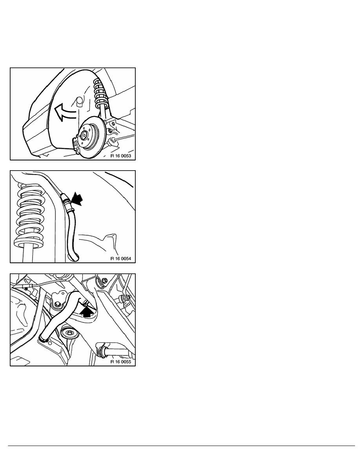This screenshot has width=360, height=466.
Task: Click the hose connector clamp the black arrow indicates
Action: (67, 203)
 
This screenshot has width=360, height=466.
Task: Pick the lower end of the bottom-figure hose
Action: (43, 338)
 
